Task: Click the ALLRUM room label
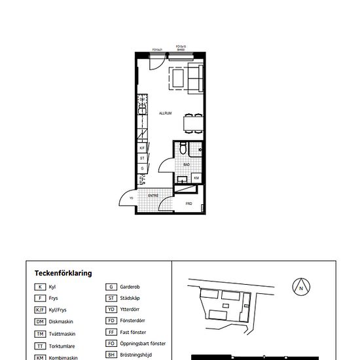coord(165,113)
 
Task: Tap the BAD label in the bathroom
coord(187,165)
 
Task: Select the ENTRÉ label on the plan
coord(153,195)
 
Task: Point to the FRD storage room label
coord(189,204)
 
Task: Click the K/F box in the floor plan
coord(142,148)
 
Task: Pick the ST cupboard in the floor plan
coord(142,158)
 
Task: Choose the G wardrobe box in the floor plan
coord(142,169)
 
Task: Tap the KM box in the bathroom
coord(196,177)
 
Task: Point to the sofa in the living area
coord(196,78)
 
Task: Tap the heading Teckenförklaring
coord(63,274)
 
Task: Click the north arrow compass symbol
coord(300,287)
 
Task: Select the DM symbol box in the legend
coord(40,321)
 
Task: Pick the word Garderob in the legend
coord(131,287)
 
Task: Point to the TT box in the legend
coord(40,344)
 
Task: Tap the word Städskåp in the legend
coord(131,298)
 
